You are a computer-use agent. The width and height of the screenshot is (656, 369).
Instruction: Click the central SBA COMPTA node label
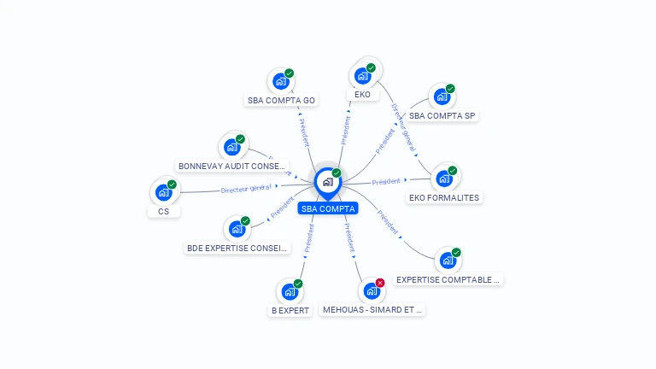pos(327,208)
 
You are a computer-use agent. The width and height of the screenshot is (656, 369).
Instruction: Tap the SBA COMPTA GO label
pos(281,100)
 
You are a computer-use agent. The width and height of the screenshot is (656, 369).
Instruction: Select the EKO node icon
pos(362,74)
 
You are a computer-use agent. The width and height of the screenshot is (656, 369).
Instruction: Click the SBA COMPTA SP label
pos(442,115)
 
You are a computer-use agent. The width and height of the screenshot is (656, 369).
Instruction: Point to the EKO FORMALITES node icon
pos(444,179)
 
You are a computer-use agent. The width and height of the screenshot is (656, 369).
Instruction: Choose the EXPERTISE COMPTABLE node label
pos(448,279)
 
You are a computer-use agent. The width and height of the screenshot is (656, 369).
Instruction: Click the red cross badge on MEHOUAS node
pos(380,283)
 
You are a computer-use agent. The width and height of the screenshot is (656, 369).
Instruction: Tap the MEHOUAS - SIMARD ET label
pos(372,310)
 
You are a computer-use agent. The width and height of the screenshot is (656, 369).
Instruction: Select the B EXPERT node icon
pos(290,292)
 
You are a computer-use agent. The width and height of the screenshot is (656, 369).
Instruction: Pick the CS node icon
pos(163,193)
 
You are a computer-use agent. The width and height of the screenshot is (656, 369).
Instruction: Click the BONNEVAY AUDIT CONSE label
pos(232,166)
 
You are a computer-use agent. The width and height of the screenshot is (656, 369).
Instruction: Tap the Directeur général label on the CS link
pos(246,188)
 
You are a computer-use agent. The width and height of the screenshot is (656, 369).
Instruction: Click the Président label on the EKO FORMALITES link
pos(386,181)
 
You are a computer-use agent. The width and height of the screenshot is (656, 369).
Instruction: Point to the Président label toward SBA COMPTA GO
pos(307,133)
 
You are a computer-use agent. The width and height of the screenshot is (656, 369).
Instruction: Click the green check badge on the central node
pos(337,173)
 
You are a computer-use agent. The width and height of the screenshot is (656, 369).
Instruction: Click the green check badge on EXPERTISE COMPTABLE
pos(456,252)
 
